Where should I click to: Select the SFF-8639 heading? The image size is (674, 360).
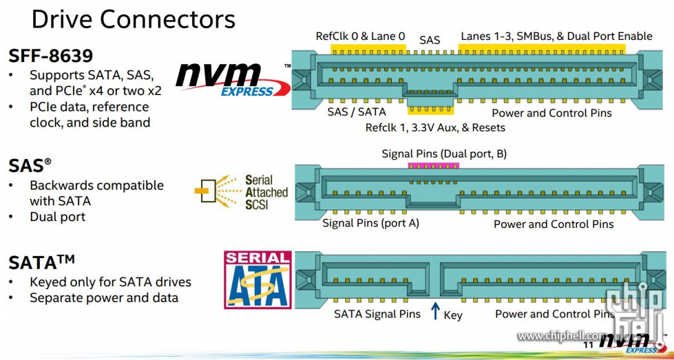tap(51, 54)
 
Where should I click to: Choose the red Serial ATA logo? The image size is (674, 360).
tap(257, 279)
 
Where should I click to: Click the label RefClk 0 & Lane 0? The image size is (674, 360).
tap(360, 36)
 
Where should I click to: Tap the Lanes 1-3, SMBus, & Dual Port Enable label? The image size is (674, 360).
tap(556, 36)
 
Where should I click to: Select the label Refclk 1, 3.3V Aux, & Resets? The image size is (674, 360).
tap(435, 127)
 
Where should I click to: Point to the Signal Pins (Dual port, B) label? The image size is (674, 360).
tap(444, 153)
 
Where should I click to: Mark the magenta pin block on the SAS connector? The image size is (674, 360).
tap(433, 167)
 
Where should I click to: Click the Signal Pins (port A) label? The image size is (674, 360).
tap(370, 224)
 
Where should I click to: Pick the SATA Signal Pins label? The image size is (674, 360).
tap(377, 315)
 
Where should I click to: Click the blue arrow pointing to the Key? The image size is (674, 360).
tap(434, 311)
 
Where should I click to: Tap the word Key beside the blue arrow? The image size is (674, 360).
tap(453, 315)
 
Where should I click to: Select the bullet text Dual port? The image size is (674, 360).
tap(57, 216)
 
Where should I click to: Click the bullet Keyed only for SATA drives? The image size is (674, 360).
tap(110, 282)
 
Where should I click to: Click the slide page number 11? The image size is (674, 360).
tap(588, 343)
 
